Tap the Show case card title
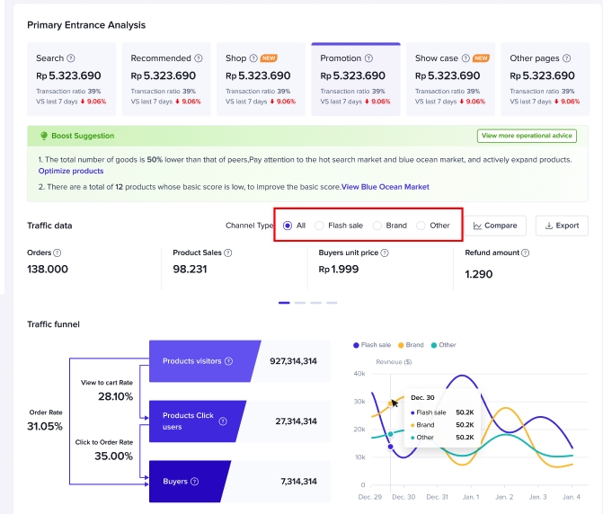pos(436,58)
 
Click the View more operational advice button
pos(527,136)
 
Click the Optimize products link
pos(71,171)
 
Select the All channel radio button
pos(288,226)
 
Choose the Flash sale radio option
pos(320,226)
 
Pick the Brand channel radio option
pos(377,226)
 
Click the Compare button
pos(495,226)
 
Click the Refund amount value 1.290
pos(479,274)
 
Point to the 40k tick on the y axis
pos(359,373)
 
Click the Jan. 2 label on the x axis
pos(504,497)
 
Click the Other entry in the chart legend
pos(443,345)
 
